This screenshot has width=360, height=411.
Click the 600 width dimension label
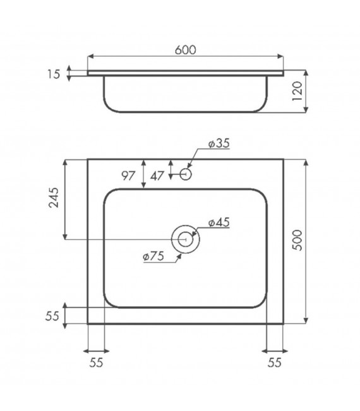click(185, 49)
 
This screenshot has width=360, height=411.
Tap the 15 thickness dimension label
click(54, 74)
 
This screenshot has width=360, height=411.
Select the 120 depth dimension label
click(299, 92)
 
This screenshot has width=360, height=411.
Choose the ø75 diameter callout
click(153, 256)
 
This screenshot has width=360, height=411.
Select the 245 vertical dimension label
click(54, 199)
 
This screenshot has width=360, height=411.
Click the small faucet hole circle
click(186, 173)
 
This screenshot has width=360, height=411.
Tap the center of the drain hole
click(185, 239)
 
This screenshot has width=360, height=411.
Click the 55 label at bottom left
click(97, 362)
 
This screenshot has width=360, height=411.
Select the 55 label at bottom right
click(273, 362)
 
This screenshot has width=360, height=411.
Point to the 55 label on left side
click(54, 315)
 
